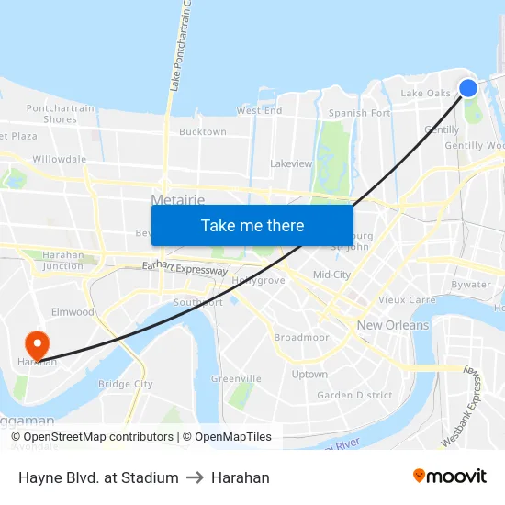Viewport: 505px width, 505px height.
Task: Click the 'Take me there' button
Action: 252,225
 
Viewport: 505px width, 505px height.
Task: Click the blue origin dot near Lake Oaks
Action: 467,87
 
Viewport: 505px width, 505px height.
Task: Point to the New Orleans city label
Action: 393,325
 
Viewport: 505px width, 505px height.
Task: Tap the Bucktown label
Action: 202,132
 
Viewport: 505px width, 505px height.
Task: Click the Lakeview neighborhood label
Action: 291,163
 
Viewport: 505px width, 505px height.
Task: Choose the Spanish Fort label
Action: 360,113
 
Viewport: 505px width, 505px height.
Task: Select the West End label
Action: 260,110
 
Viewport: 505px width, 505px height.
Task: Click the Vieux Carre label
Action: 407,299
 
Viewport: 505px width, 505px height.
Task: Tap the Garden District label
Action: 354,396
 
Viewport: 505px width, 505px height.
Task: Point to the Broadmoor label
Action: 301,337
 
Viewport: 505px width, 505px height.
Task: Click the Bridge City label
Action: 125,384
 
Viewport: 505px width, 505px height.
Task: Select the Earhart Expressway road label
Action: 185,270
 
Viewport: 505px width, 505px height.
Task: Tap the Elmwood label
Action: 73,312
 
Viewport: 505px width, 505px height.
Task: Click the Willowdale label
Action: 59,159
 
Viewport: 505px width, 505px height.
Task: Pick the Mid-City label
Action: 331,275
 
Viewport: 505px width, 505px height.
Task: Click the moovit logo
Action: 450,476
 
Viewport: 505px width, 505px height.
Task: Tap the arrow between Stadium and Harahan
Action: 195,477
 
